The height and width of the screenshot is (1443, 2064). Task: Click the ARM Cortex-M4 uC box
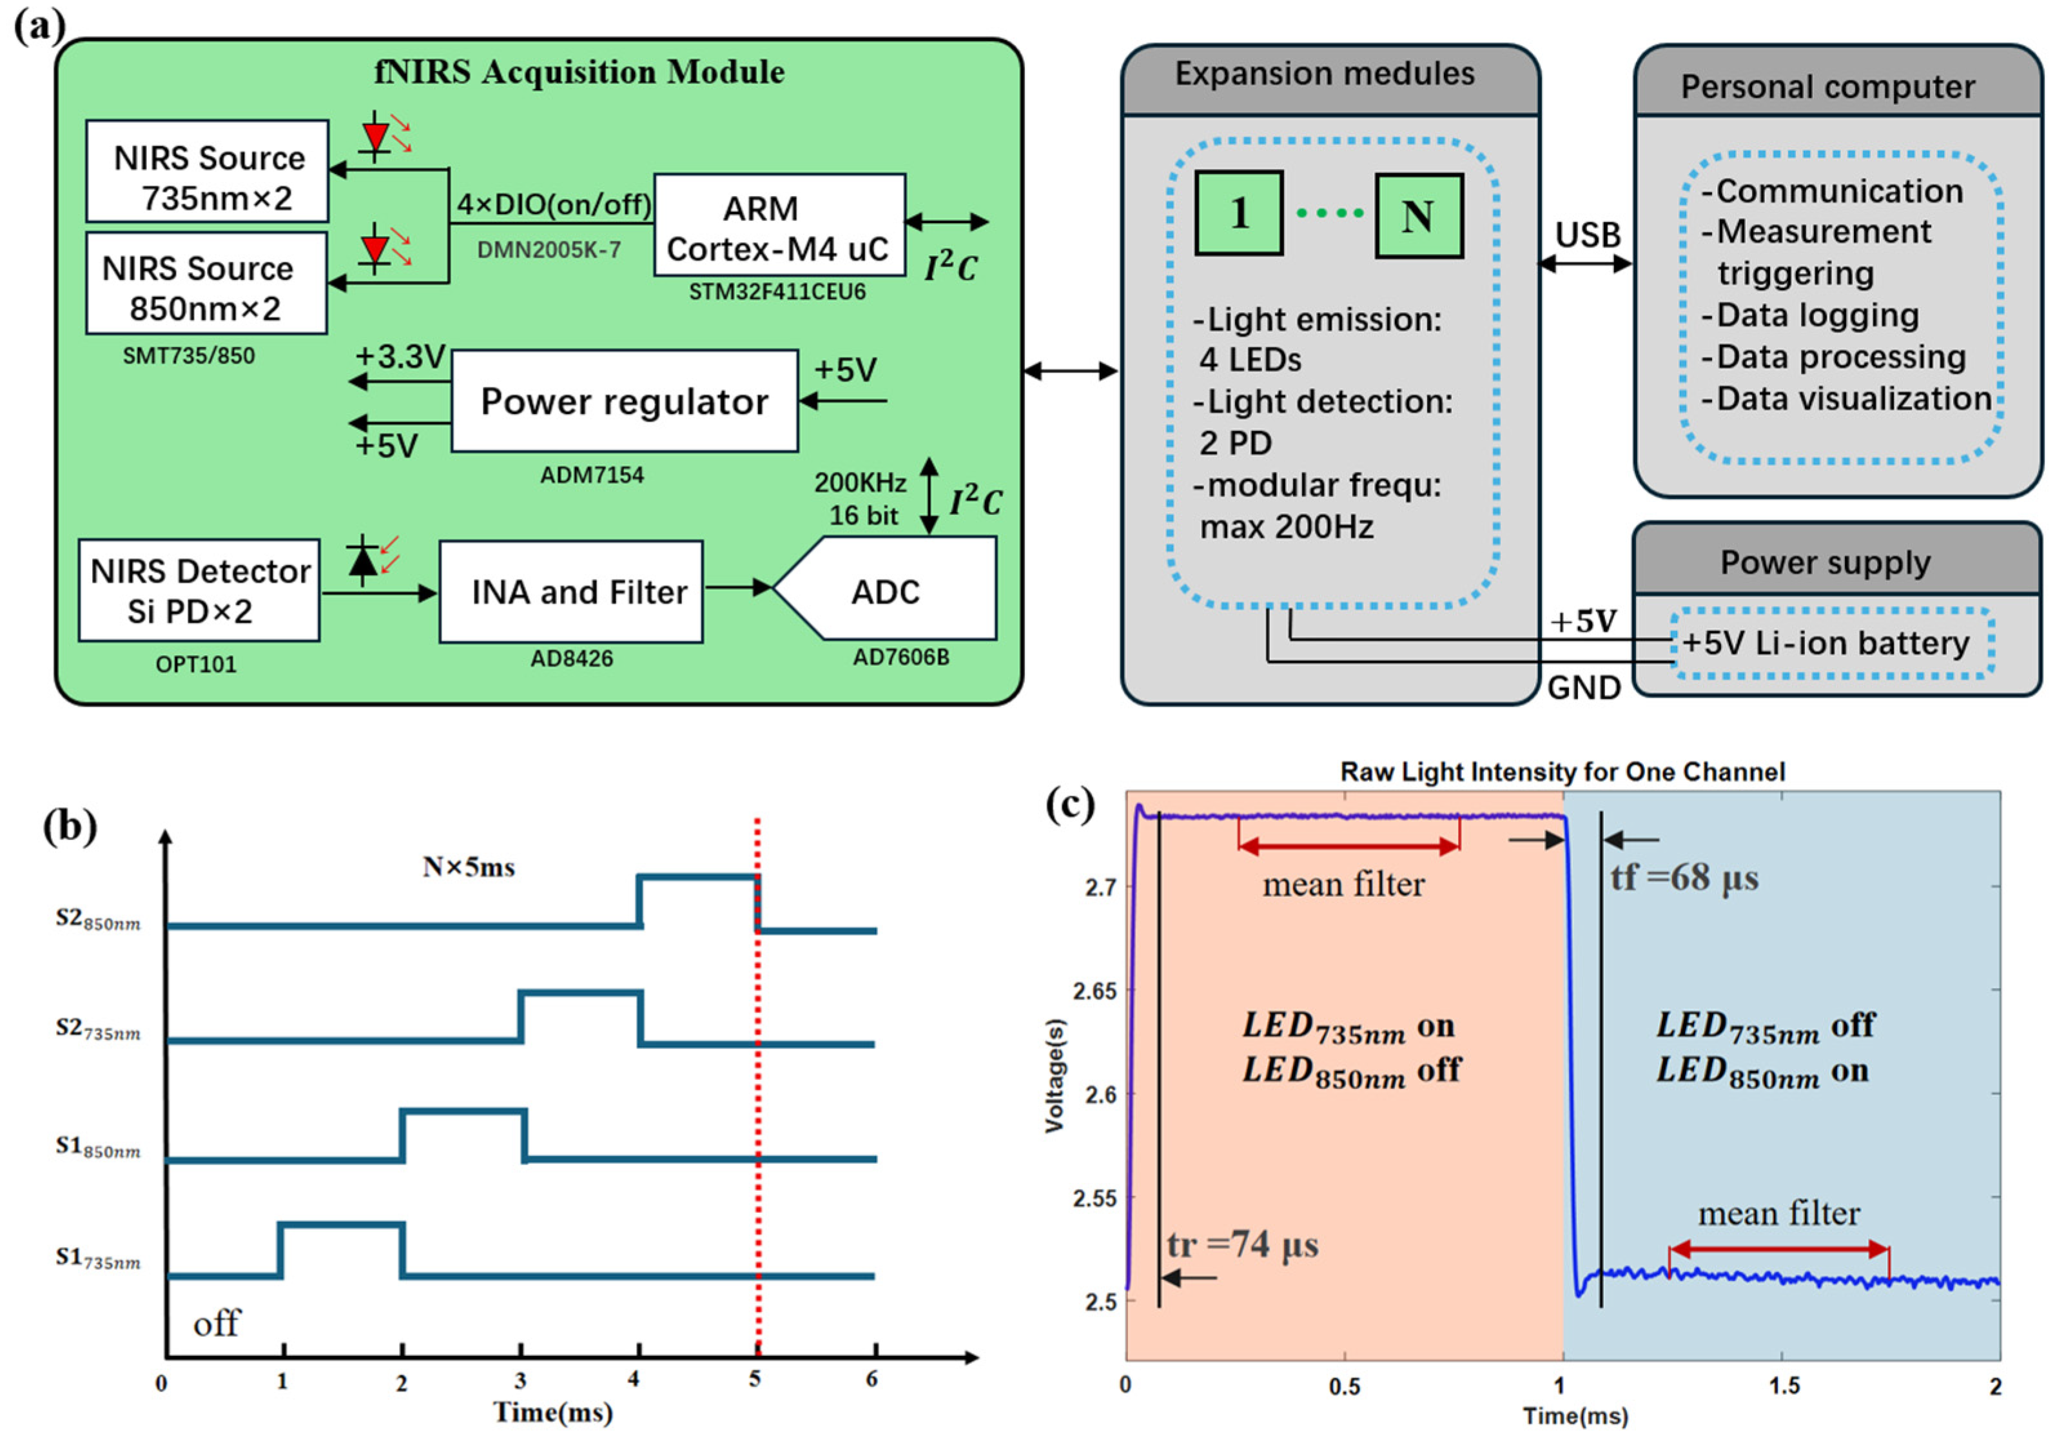(x=779, y=225)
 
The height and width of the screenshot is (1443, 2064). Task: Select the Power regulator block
(x=624, y=401)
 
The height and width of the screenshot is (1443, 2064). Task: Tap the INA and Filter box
(x=571, y=592)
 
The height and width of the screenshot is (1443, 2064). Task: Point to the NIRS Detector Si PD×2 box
(x=199, y=591)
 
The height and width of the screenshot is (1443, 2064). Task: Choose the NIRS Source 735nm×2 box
(x=208, y=172)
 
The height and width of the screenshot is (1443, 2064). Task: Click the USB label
(x=1588, y=235)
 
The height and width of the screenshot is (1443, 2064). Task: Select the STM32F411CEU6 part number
(x=777, y=292)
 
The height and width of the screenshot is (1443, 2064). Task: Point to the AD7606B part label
(x=901, y=657)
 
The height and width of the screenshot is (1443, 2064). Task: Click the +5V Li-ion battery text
(x=1825, y=643)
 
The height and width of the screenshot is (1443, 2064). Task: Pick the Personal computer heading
(x=1827, y=87)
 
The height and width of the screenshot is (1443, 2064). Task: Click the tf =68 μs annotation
(x=1684, y=878)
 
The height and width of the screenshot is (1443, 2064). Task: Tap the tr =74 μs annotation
(x=1242, y=1245)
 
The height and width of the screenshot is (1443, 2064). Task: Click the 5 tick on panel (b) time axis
(x=755, y=1380)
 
